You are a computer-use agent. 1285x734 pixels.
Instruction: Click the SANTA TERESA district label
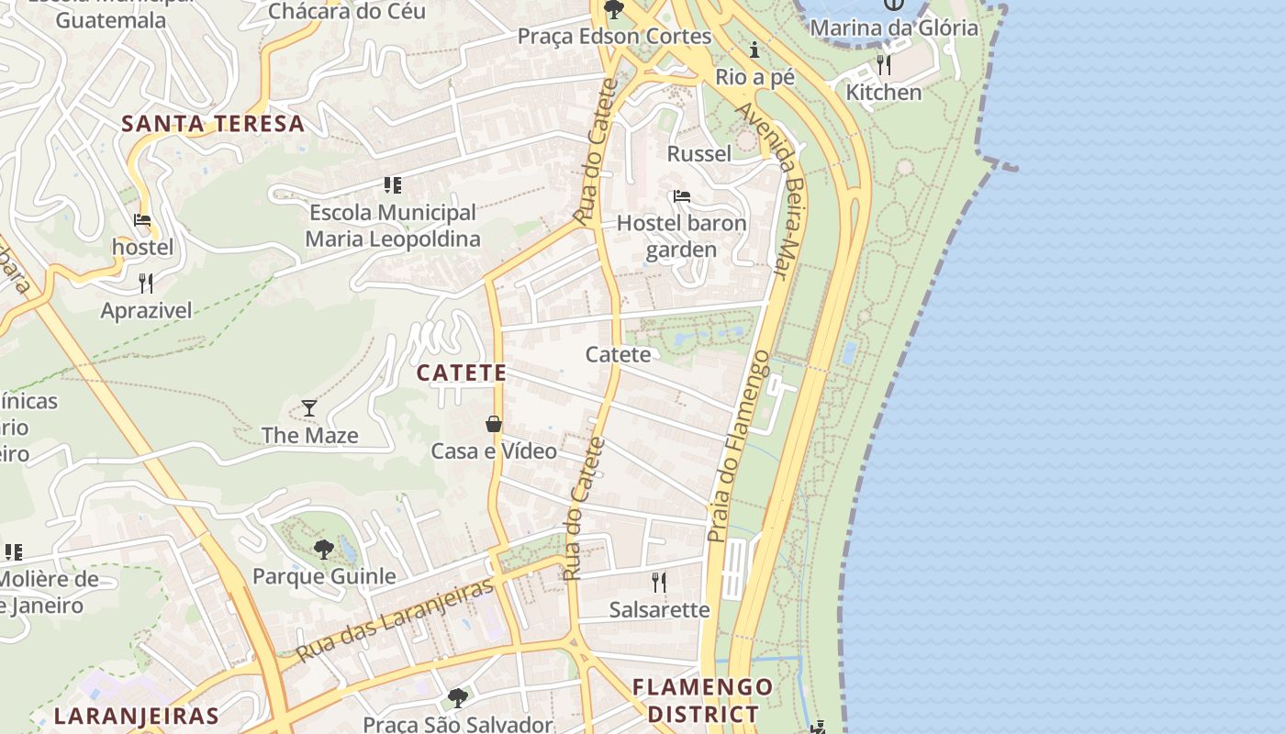[213, 124]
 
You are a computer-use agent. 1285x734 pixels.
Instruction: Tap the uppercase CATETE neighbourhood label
[461, 373]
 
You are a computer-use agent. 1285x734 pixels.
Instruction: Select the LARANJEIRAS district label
[136, 717]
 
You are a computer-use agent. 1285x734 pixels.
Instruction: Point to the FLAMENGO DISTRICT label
[703, 700]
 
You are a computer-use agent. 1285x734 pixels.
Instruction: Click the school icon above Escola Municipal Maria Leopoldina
[393, 185]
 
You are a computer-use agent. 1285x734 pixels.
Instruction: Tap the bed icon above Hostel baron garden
[681, 195]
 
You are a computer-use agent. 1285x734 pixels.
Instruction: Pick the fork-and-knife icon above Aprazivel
[146, 283]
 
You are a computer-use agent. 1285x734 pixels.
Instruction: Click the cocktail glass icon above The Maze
[309, 407]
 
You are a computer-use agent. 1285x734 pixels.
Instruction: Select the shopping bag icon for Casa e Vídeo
[494, 423]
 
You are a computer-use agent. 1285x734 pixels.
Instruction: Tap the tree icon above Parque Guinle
[323, 550]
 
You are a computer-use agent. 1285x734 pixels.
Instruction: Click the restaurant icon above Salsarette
[658, 582]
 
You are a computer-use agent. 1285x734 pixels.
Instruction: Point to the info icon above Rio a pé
[754, 49]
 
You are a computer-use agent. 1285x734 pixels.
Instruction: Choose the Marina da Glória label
[894, 28]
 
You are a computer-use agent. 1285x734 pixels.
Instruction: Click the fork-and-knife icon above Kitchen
[883, 64]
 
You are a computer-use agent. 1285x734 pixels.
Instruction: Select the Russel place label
[699, 153]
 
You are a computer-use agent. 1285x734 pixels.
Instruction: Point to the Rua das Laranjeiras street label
[396, 619]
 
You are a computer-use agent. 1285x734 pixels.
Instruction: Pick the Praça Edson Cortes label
[614, 36]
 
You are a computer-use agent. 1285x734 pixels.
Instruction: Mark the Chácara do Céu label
[347, 11]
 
